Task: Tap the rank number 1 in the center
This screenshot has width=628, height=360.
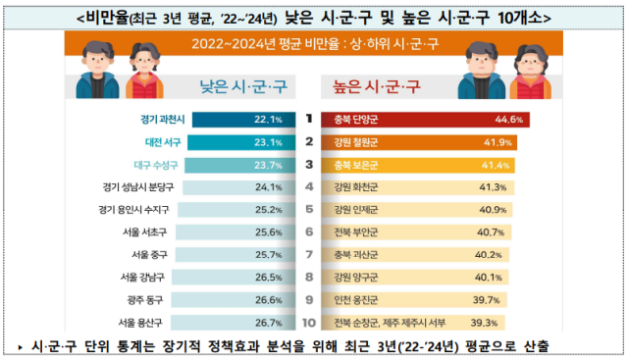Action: click(x=309, y=120)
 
